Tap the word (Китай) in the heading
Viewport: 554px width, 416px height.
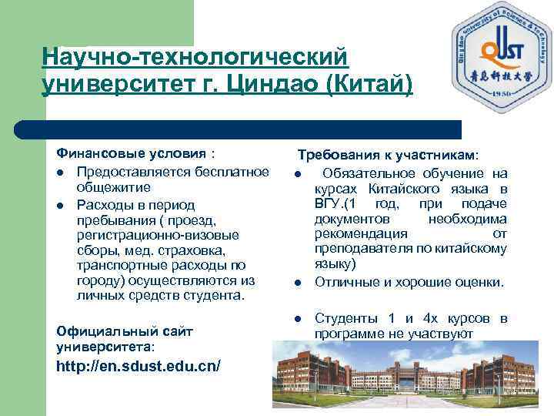370,85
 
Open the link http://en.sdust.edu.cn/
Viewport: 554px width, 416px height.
138,365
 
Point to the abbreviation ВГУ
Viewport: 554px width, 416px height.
329,203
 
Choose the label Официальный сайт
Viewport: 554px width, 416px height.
125,330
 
